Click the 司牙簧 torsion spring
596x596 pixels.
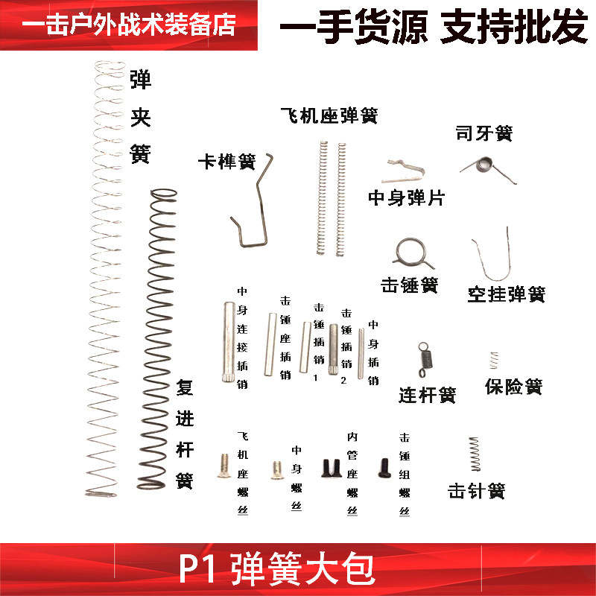486,165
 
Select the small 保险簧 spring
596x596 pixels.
492,359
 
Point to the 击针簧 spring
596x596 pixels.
475,454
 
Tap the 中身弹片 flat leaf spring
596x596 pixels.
403,171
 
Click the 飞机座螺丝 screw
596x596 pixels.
221,466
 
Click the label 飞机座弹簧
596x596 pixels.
329,116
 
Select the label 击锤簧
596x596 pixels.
409,285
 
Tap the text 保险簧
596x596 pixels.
513,387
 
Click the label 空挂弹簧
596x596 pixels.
507,294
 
